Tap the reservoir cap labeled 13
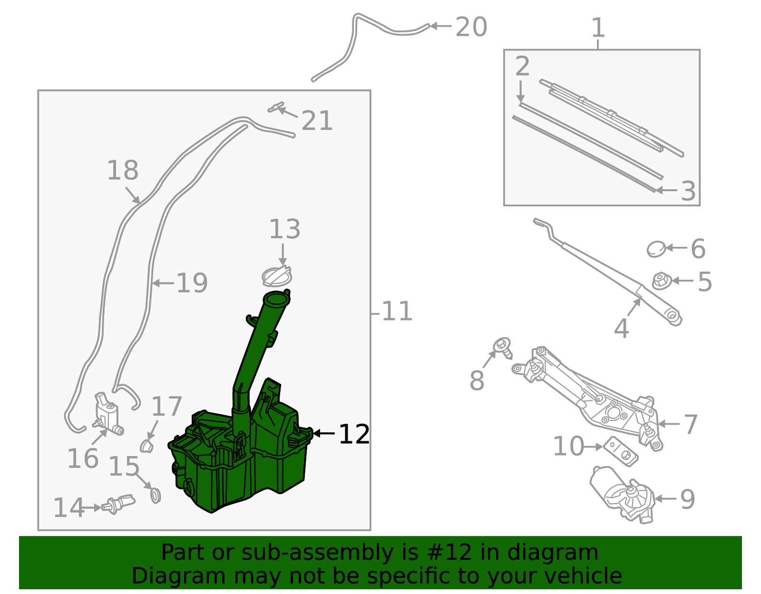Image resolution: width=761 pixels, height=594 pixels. pyautogui.click(x=276, y=277)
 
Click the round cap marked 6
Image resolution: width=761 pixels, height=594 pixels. pyautogui.click(x=656, y=249)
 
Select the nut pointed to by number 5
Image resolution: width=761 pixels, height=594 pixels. pyautogui.click(x=660, y=281)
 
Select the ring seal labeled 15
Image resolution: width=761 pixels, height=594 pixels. pyautogui.click(x=156, y=496)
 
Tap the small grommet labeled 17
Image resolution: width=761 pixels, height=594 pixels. pyautogui.click(x=147, y=446)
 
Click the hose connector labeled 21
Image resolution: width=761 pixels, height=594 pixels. pyautogui.click(x=275, y=107)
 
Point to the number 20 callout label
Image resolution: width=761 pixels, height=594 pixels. pyautogui.click(x=471, y=27)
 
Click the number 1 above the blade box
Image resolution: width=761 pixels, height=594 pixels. pyautogui.click(x=598, y=28)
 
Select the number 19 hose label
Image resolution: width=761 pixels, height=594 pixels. pyautogui.click(x=192, y=283)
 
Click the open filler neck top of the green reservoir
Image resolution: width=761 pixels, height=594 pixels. pyautogui.click(x=276, y=300)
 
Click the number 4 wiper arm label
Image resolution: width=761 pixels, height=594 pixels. pyautogui.click(x=621, y=328)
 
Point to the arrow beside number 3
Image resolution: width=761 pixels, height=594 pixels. pyautogui.click(x=666, y=190)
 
